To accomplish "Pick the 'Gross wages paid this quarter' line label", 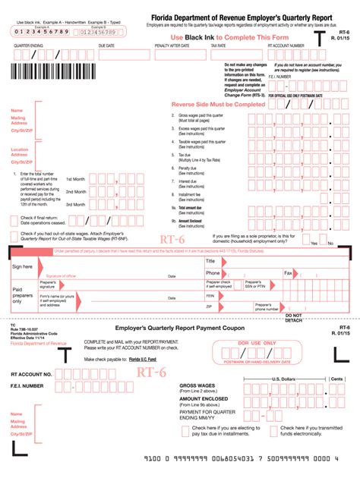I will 203,116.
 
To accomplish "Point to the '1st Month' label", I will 75,178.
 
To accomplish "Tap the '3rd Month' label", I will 75,204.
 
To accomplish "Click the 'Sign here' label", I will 22,267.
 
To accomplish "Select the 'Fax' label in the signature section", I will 288,272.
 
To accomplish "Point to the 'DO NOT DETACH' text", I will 293,317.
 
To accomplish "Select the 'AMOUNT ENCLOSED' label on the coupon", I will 201,398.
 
